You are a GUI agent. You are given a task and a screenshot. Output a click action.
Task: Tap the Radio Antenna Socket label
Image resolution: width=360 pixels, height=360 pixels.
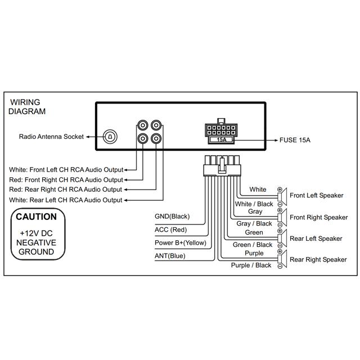(x=51, y=137)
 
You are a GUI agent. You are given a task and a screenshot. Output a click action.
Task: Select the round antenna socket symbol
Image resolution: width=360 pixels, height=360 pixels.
(x=111, y=136)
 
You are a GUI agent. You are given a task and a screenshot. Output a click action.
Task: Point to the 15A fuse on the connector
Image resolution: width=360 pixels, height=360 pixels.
(x=222, y=138)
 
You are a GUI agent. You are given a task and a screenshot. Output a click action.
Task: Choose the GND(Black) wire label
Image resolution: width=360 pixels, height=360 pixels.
(x=172, y=217)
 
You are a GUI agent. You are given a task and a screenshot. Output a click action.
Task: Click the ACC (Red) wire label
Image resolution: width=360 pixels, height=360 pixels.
(x=170, y=229)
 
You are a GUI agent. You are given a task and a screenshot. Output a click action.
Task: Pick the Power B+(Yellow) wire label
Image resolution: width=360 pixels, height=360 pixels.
(x=181, y=243)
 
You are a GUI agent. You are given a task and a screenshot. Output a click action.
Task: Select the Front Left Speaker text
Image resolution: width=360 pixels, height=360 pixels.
(x=316, y=196)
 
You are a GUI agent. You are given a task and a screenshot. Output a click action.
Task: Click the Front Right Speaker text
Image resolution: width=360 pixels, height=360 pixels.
(x=318, y=217)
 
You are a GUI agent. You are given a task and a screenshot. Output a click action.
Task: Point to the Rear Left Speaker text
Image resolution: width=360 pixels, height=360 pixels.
(x=316, y=238)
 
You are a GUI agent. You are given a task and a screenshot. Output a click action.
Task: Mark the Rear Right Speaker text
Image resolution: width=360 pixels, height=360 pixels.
(x=318, y=259)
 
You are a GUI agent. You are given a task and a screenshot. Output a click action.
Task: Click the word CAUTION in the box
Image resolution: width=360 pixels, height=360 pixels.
(x=36, y=217)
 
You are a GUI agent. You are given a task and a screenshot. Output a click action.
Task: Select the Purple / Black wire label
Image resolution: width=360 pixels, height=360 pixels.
(x=251, y=265)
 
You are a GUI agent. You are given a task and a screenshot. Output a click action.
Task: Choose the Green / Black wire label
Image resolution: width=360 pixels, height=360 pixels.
(x=253, y=245)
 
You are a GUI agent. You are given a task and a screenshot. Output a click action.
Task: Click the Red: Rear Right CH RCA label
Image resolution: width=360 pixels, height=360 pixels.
(x=66, y=190)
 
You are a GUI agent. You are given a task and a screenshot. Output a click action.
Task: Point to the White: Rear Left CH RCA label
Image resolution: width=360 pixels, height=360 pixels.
(x=66, y=200)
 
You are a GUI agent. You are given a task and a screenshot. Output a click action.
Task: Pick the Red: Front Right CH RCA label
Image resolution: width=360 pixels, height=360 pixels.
(x=66, y=180)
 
